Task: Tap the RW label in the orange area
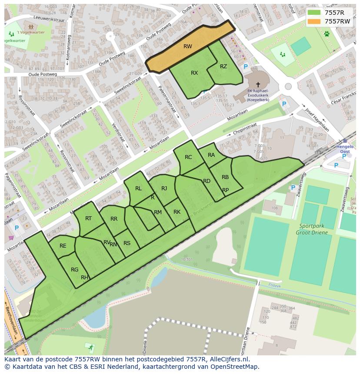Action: tap(188, 46)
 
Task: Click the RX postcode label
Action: tap(194, 73)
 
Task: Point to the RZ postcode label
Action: tap(223, 66)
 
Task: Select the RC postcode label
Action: tap(188, 157)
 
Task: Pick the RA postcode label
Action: tap(211, 155)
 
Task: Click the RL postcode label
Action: tap(138, 189)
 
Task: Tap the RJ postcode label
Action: tap(164, 189)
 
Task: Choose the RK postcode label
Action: tap(177, 212)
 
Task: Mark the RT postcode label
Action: tap(88, 218)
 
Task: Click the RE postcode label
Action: tap(63, 246)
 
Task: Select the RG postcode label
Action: tap(75, 270)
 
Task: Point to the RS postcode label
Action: tap(127, 243)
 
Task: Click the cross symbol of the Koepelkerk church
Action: tap(258, 85)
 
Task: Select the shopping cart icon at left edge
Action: tap(11, 238)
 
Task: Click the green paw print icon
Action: tap(326, 33)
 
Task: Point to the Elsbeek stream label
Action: tap(275, 285)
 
